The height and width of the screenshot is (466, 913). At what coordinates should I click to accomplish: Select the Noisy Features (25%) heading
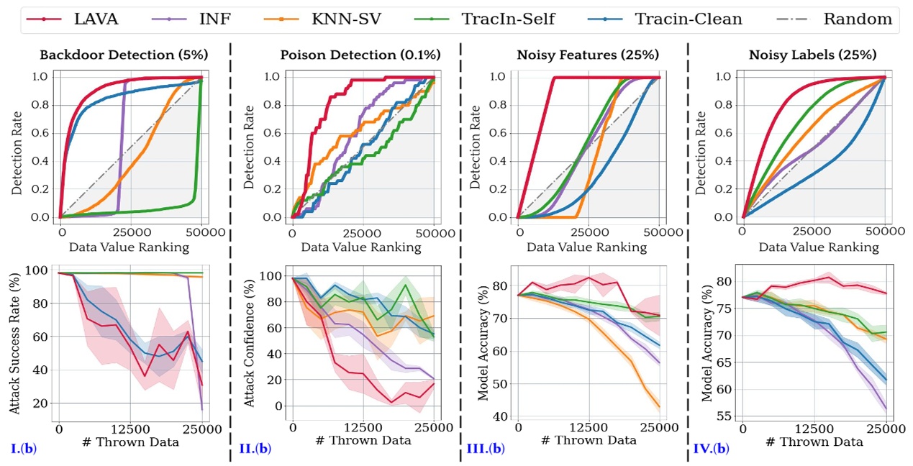tap(589, 55)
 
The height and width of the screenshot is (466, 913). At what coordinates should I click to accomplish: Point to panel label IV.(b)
tap(712, 449)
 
